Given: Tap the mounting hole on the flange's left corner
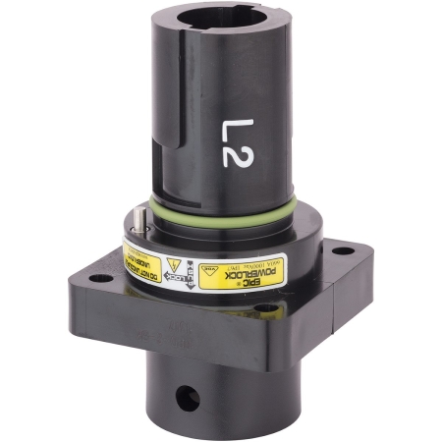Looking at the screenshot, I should (x=98, y=278).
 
